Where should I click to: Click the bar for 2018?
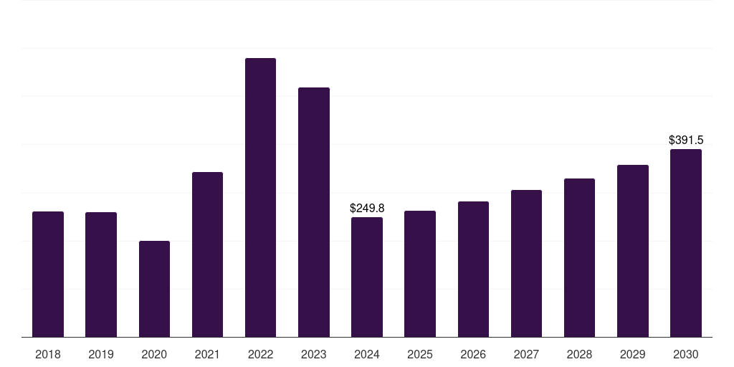pos(48,274)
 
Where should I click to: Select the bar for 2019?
pos(101,275)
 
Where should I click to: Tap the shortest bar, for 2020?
pos(154,289)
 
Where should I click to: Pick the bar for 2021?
pos(207,254)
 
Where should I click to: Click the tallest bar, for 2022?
pos(260,197)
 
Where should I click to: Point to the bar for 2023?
pos(314,212)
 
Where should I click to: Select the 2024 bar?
pos(367,277)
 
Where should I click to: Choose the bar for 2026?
pos(473,269)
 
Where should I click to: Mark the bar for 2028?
pos(579,257)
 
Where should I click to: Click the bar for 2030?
pos(685,243)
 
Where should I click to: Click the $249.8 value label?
pos(367,208)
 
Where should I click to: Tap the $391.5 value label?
pos(686,140)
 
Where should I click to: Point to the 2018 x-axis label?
pos(48,354)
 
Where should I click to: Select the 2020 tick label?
pos(154,354)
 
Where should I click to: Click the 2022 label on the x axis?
pos(260,354)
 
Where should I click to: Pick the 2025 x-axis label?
pos(420,354)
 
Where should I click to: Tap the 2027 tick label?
pos(526,354)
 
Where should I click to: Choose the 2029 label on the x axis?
pos(632,354)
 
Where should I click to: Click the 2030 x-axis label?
pos(685,354)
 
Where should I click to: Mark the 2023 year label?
pos(314,354)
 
